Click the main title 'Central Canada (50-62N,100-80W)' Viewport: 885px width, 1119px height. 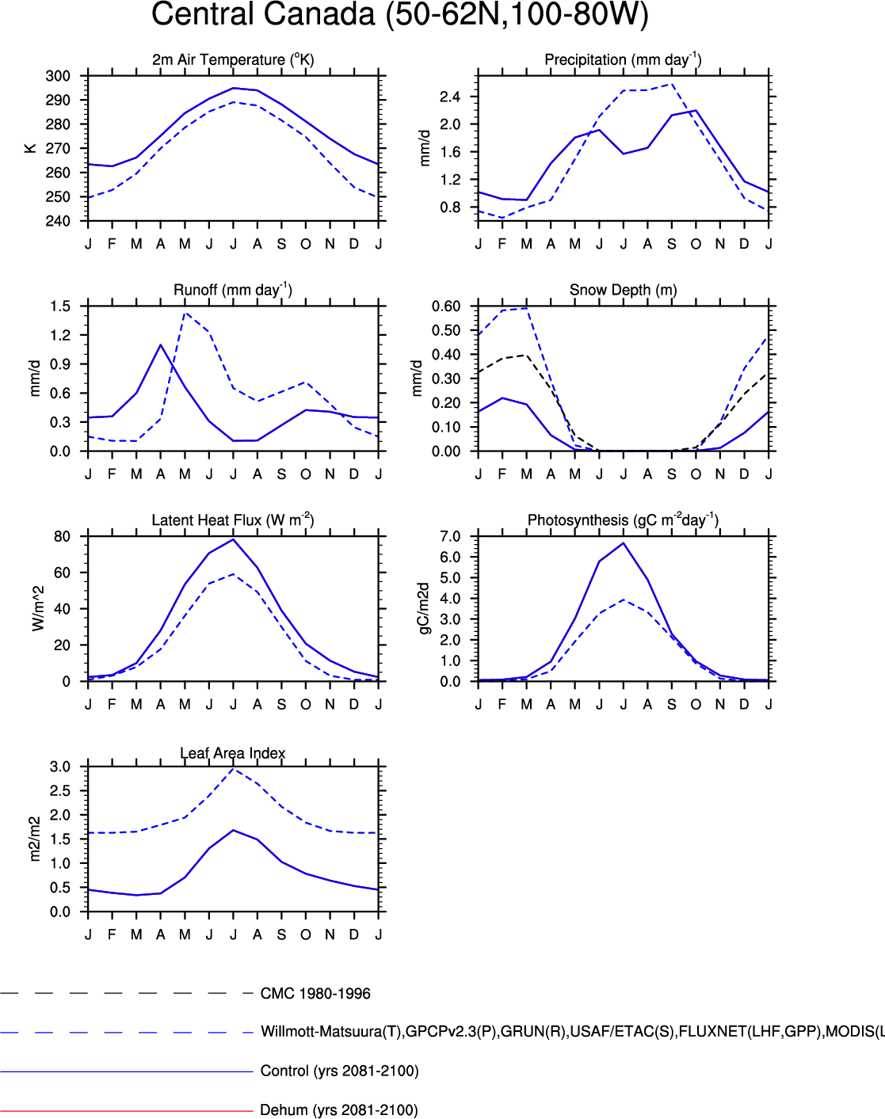coord(400,15)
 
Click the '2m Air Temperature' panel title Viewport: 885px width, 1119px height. coord(233,59)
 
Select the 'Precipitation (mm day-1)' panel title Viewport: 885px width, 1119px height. coord(623,59)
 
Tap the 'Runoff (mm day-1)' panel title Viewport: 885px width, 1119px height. coord(233,290)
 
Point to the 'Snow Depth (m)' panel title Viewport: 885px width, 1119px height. coord(623,290)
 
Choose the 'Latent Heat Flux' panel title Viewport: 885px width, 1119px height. coord(233,520)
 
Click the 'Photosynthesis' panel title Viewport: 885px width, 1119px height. coord(623,520)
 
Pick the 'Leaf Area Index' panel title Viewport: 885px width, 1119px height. coord(232,753)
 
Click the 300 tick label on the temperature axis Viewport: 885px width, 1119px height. coord(58,76)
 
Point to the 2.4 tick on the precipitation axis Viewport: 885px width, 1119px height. coord(450,97)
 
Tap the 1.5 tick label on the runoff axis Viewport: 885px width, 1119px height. coord(60,306)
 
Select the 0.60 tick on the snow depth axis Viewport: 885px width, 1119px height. coord(446,306)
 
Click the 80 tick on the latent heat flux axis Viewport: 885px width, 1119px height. coord(62,536)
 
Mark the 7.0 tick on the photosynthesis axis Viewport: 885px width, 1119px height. coord(450,537)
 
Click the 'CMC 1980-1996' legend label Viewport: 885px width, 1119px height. coord(315,994)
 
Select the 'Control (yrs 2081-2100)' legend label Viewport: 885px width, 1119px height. coord(339,1071)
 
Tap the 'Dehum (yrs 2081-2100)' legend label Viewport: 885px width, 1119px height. coord(339,1109)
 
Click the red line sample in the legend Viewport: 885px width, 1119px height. coord(127,1110)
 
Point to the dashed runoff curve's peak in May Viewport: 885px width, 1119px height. coord(185,313)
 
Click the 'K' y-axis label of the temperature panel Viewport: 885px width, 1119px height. coord(31,148)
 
